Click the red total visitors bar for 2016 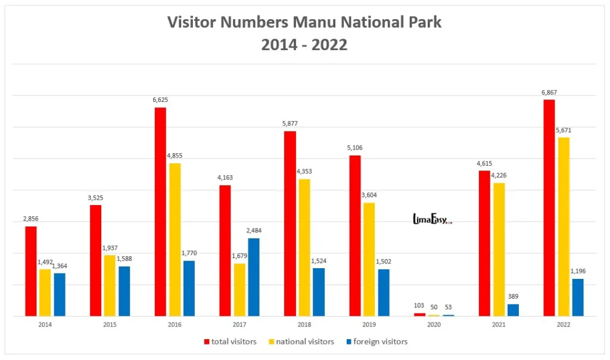click(x=160, y=212)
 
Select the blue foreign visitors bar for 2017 click(x=254, y=277)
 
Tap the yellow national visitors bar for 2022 click(x=564, y=226)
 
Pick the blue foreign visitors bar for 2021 click(x=513, y=310)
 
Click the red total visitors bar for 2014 click(x=31, y=271)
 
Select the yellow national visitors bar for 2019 click(x=369, y=259)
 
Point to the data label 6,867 click(x=549, y=92)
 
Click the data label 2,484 click(x=254, y=231)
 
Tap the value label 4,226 click(x=499, y=175)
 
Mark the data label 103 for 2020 click(x=420, y=306)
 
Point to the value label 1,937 click(x=110, y=248)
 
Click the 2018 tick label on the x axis click(x=304, y=325)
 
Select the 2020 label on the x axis click(x=434, y=325)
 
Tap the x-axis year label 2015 click(x=110, y=325)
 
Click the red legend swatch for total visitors click(x=207, y=342)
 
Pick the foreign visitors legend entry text click(x=380, y=342)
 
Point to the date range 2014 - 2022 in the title click(x=304, y=45)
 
